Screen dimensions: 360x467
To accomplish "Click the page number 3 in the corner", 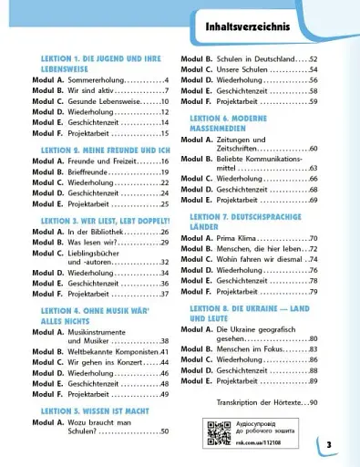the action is pyautogui.click(x=329, y=444).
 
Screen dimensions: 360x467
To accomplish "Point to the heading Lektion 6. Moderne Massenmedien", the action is pyautogui.click(x=242, y=124).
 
